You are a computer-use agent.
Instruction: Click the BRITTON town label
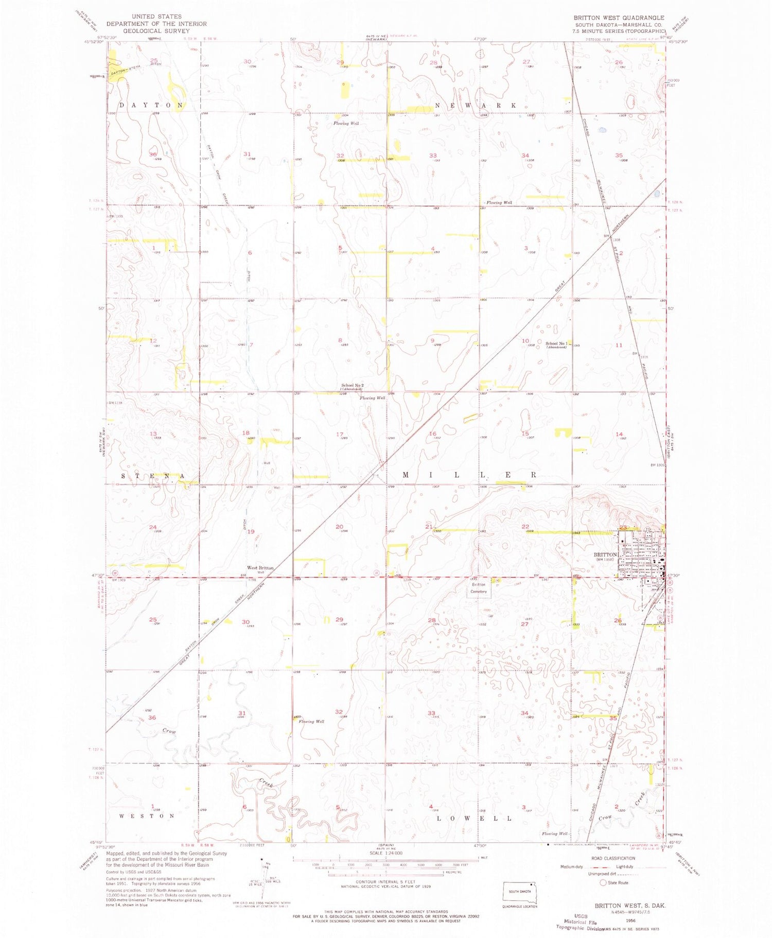pos(605,554)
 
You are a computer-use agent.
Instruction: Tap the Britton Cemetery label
pos(479,588)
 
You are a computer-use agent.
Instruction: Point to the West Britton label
pos(260,567)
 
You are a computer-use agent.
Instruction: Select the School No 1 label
pos(556,343)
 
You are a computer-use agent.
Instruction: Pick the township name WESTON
pos(147,815)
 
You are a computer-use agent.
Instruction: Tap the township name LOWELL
pos(474,818)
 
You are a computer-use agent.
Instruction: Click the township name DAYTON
pos(151,105)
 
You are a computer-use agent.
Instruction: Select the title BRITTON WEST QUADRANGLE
pos(619,18)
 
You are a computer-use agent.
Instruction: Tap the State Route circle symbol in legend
pos(603,882)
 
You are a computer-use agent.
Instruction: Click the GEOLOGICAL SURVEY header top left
pos(156,31)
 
